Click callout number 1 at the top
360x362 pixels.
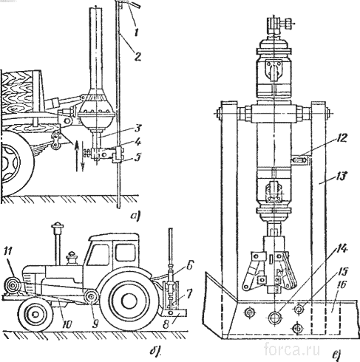click(136, 32)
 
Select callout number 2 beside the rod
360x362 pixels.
click(137, 56)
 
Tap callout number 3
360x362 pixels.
click(137, 129)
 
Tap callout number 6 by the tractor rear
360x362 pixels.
click(190, 266)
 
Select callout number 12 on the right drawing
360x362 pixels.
click(340, 138)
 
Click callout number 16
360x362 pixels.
click(340, 285)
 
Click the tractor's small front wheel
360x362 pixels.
click(35, 314)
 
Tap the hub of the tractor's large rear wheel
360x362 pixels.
click(129, 300)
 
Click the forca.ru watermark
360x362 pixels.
click(292, 349)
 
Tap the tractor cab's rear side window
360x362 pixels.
click(126, 252)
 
